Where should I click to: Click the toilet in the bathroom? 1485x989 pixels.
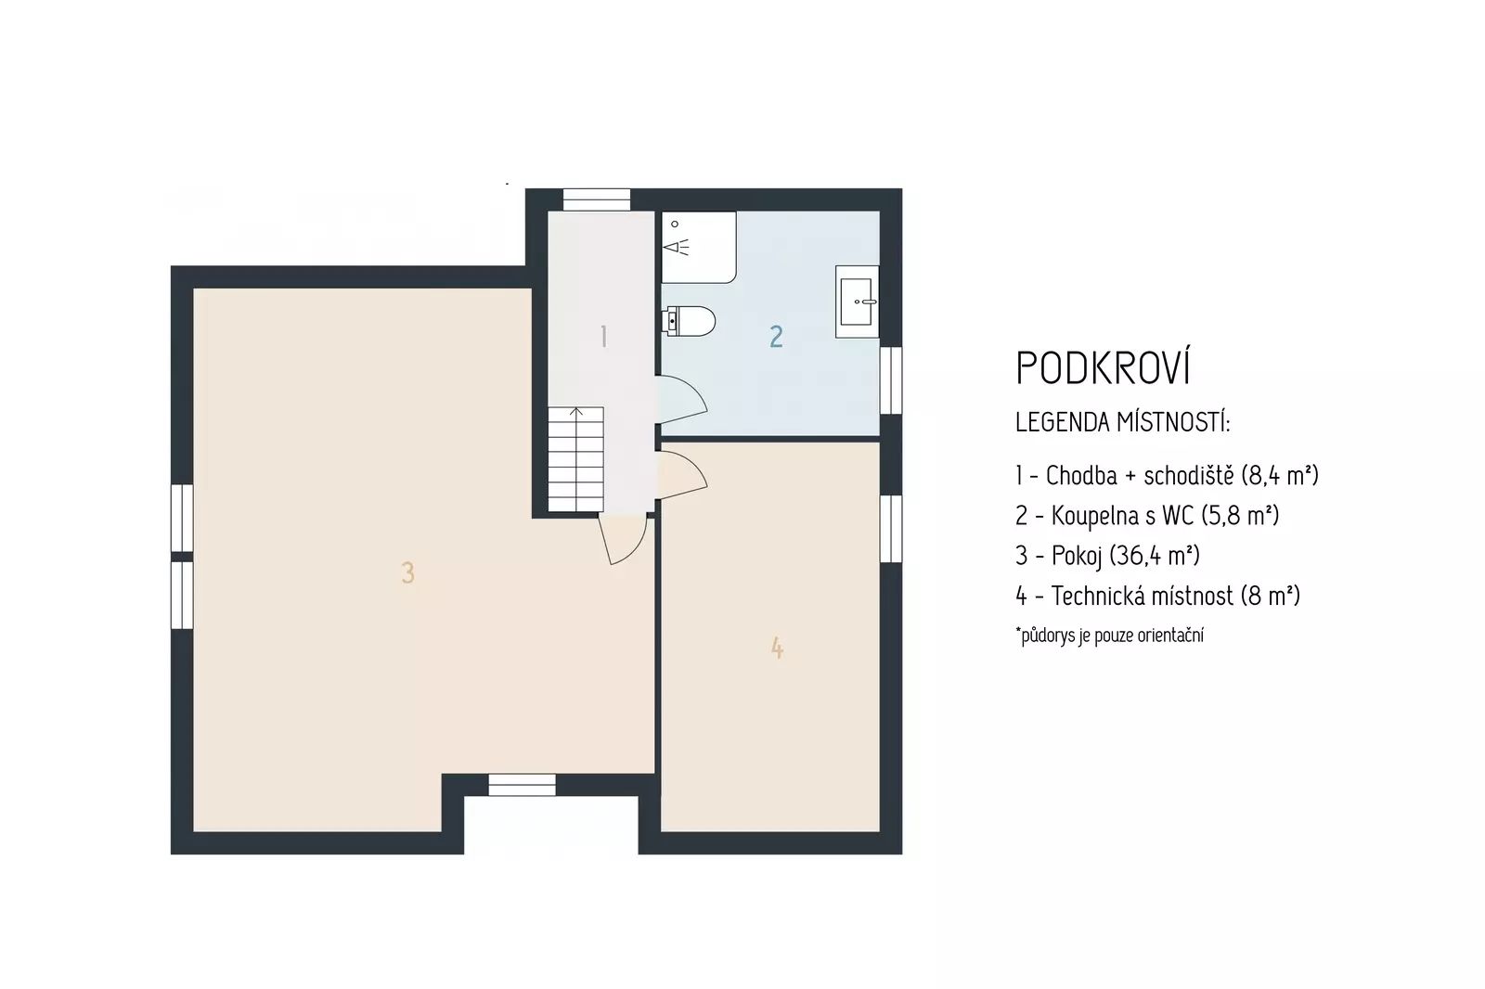tap(689, 321)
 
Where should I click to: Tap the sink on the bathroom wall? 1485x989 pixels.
tap(858, 302)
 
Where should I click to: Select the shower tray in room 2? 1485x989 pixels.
tap(699, 247)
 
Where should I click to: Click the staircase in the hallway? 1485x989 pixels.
tap(575, 458)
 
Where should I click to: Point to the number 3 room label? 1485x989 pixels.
tap(407, 572)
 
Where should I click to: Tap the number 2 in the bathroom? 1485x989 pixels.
tap(776, 336)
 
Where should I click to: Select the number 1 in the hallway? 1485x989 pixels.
tap(603, 336)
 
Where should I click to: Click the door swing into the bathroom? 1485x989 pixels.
tap(682, 399)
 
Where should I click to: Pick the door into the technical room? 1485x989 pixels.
tap(682, 475)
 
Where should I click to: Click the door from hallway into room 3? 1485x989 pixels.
tap(623, 539)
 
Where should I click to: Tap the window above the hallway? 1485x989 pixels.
tap(596, 199)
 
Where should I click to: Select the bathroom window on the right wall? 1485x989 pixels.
tap(891, 380)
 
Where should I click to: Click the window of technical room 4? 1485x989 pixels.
tap(891, 528)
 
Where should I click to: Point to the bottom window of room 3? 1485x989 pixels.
tap(522, 784)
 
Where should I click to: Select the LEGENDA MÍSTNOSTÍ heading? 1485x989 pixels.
tap(1122, 421)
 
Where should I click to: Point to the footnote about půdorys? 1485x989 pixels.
tap(1110, 635)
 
